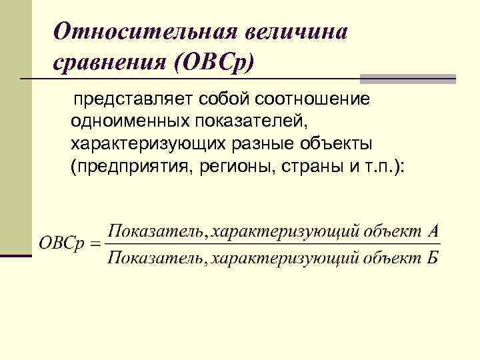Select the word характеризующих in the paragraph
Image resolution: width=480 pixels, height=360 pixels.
147,144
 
